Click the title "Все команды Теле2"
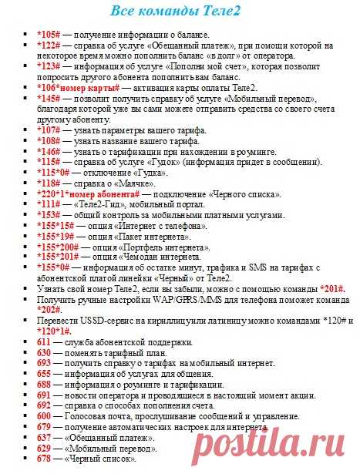point(179,12)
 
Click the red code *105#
point(49,35)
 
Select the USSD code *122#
point(49,45)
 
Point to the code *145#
point(49,99)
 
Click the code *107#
point(49,131)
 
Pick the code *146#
point(49,153)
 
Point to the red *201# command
point(331,287)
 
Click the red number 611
point(43,341)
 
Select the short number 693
point(43,362)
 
